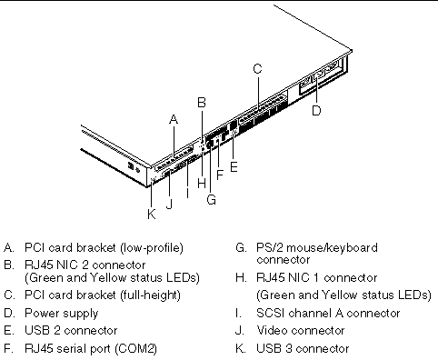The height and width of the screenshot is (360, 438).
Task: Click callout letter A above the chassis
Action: tap(174, 119)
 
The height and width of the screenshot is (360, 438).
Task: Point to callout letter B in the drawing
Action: tap(202, 103)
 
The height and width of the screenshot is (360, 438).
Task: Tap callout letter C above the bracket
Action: tap(257, 69)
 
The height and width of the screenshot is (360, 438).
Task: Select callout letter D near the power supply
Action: tap(316, 110)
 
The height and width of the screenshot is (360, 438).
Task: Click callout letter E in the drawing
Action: tap(234, 167)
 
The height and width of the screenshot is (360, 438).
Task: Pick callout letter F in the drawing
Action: tap(220, 175)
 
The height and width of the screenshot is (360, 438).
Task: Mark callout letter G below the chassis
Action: tap(211, 200)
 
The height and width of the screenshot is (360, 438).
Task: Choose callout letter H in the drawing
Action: tap(202, 183)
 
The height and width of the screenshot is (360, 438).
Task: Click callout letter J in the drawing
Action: tap(170, 204)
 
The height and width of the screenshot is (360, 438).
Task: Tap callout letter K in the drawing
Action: tap(152, 215)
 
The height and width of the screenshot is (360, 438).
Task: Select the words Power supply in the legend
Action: tap(62, 314)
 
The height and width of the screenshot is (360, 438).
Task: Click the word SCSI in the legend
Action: tap(270, 313)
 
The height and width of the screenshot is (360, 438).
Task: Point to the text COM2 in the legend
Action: tap(136, 348)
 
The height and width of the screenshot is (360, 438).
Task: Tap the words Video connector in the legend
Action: tap(301, 331)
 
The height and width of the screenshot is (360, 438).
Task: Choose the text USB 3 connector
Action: tap(303, 348)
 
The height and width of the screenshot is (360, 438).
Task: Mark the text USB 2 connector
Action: tap(71, 331)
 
